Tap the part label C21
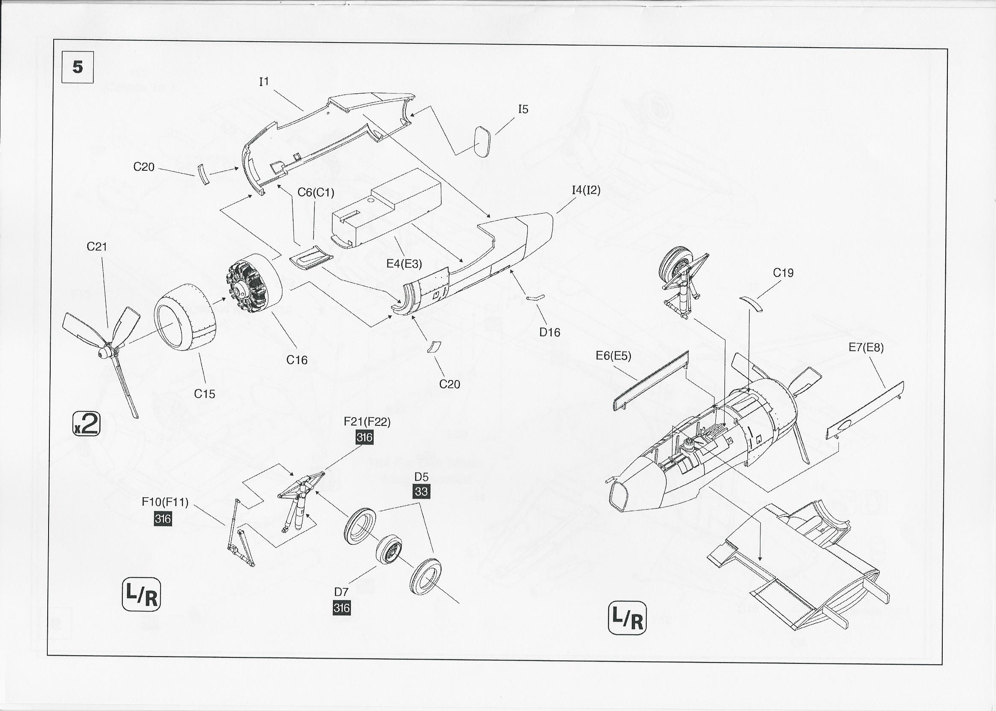[97, 247]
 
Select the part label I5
[523, 109]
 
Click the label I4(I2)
[586, 190]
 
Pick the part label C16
[297, 360]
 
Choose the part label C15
[204, 393]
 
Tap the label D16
[550, 332]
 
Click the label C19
[783, 273]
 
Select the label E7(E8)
[866, 347]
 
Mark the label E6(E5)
[613, 356]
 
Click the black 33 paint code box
[421, 492]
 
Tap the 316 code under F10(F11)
[162, 519]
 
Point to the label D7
[341, 592]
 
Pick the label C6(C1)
[316, 192]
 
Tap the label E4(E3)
[404, 264]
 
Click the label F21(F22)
[367, 421]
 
